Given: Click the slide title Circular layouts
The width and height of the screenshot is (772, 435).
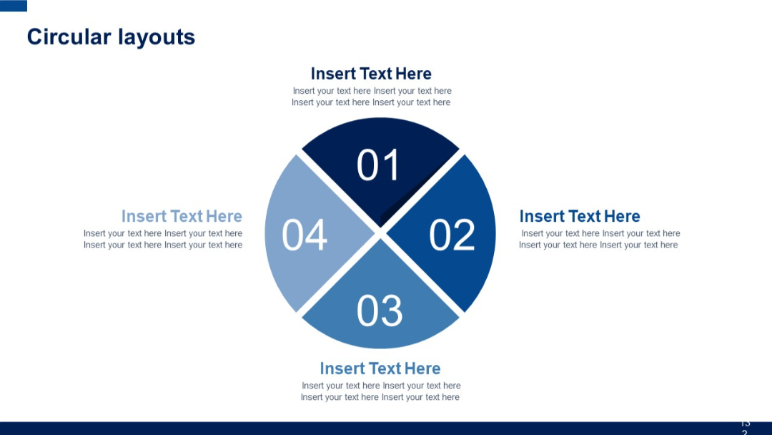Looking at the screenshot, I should click(111, 37).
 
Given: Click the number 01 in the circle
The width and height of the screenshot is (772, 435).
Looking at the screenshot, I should click(379, 165).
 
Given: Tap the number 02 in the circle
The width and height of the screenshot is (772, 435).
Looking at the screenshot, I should click(452, 235).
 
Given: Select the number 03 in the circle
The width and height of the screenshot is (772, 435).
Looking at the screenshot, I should click(379, 311).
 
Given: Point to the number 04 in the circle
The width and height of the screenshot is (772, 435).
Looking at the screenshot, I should click(305, 235).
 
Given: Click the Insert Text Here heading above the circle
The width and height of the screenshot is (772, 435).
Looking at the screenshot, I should click(371, 74).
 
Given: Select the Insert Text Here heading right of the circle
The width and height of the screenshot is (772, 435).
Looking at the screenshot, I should click(579, 216).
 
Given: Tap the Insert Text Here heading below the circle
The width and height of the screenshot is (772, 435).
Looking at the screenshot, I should click(380, 368).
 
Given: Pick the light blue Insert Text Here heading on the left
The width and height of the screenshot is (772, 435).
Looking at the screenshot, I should click(182, 216).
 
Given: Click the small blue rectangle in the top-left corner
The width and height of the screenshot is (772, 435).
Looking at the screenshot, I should click(14, 6).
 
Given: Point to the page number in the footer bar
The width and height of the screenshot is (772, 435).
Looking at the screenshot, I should click(745, 428).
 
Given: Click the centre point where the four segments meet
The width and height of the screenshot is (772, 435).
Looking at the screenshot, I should click(380, 233).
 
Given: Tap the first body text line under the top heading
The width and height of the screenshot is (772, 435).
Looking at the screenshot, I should click(372, 91).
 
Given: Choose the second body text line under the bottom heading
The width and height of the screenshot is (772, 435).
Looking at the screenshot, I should click(380, 397).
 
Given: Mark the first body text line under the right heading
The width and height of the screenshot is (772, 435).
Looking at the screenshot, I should click(600, 233).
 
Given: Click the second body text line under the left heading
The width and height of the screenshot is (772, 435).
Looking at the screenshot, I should click(163, 245).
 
